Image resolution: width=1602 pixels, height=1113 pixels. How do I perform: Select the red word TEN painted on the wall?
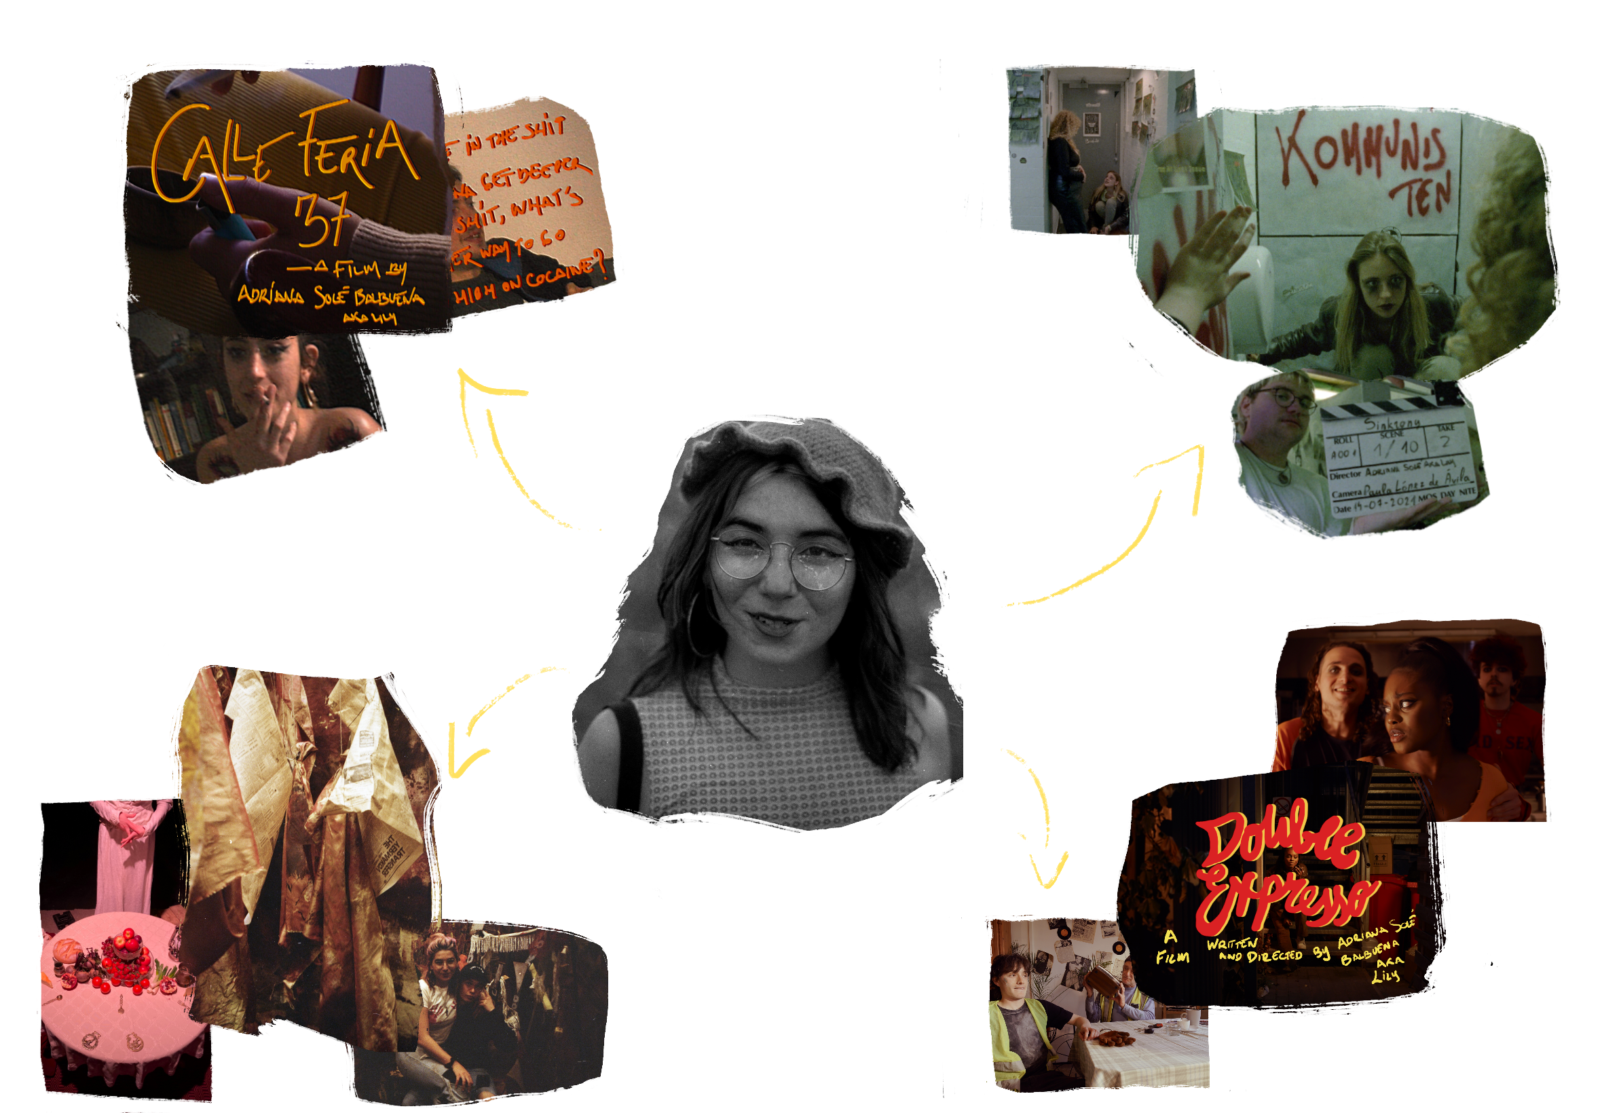1422,192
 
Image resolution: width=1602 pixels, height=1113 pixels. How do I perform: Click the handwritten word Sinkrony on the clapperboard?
1391,423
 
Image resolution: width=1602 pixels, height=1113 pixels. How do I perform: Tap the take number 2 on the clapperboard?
1445,442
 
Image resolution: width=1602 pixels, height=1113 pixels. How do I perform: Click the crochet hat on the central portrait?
788,460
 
